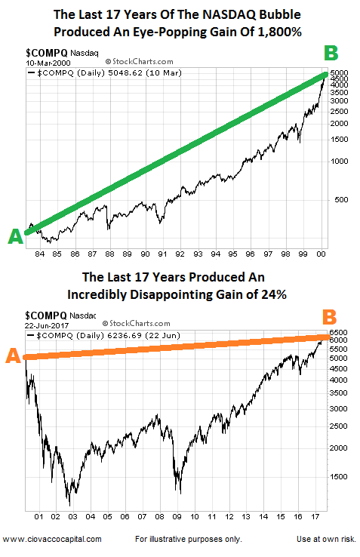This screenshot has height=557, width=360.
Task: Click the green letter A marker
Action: pos(15,236)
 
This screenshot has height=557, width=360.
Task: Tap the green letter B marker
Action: pos(331,53)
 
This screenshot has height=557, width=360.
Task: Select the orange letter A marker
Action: pos(13,355)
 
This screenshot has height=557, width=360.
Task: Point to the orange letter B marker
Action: pos(330,317)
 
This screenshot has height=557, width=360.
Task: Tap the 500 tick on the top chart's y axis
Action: pos(341,200)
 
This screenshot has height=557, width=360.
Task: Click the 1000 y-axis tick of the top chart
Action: pos(339,162)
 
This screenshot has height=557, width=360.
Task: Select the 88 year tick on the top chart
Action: pos(109,254)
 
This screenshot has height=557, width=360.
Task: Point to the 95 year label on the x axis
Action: pos(232,254)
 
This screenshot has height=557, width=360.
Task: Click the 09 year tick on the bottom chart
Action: pos(177,517)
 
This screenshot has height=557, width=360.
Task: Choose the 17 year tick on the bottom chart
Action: pos(315,517)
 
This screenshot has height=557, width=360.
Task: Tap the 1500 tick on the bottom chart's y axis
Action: pos(338,477)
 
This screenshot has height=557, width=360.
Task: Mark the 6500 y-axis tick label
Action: pos(338,333)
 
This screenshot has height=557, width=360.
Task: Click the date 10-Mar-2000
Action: pos(48,63)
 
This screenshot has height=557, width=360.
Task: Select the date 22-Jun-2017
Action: pos(47,325)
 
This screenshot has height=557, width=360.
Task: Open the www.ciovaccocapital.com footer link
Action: pos(52,539)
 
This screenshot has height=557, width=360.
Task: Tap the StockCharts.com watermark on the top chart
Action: pos(140,61)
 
